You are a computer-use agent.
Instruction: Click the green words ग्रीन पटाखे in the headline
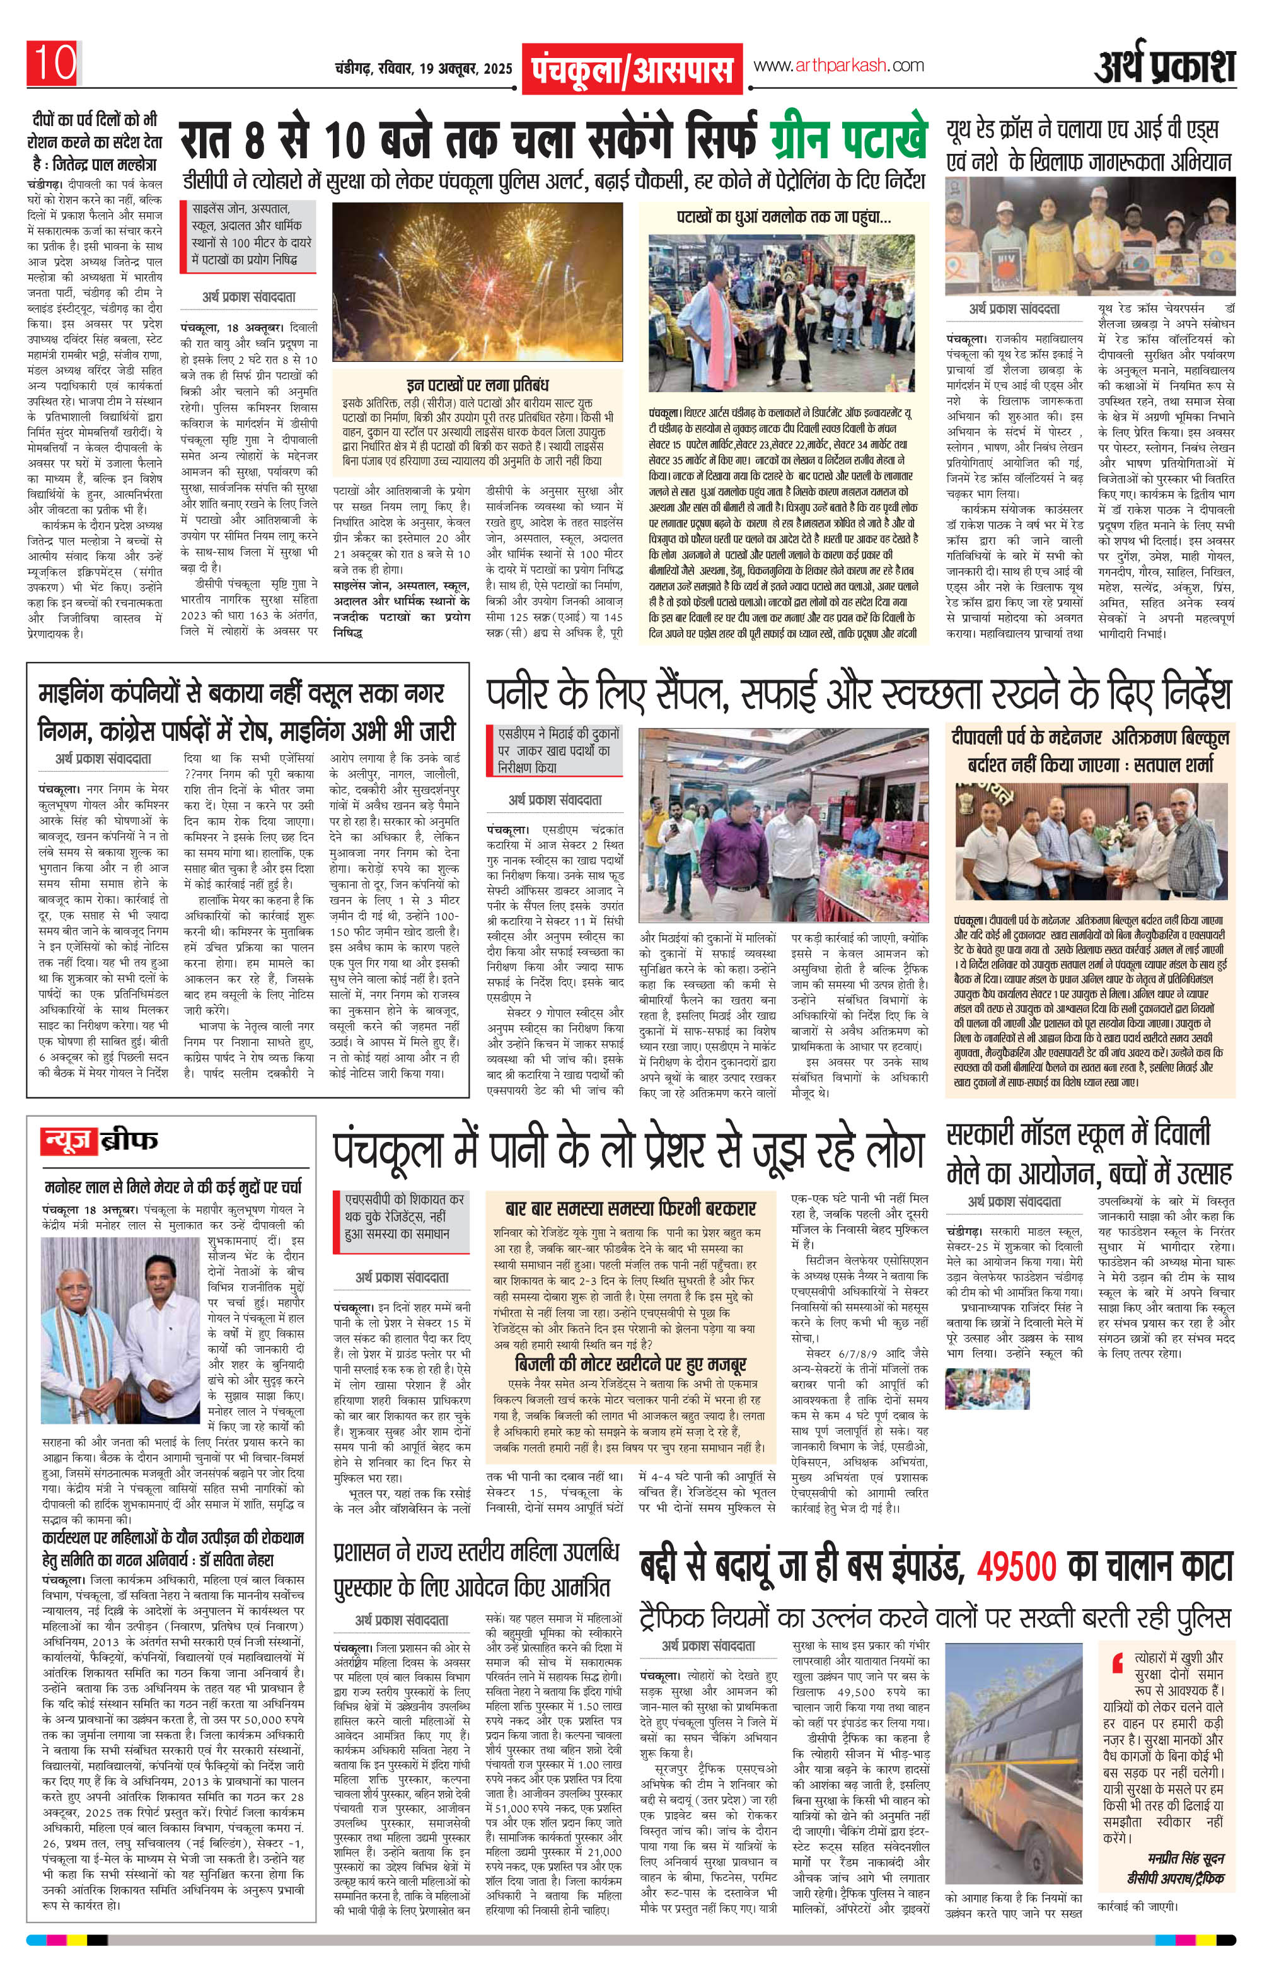point(849,139)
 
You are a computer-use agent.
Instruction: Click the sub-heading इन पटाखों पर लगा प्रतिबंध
point(478,385)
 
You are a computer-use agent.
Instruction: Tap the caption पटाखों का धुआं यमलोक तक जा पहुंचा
point(783,218)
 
